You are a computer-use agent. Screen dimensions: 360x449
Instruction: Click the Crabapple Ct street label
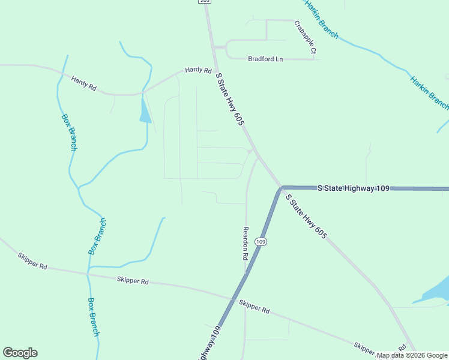tap(305, 38)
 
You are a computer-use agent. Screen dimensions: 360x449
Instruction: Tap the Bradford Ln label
tap(265, 59)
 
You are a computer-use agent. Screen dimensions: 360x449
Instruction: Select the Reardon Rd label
tap(246, 242)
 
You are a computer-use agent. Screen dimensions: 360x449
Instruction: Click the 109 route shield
tap(260, 242)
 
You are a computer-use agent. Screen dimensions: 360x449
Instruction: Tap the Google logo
tap(20, 353)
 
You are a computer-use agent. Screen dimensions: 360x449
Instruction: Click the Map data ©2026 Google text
tap(412, 355)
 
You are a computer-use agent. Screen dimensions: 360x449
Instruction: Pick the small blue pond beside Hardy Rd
tap(145, 111)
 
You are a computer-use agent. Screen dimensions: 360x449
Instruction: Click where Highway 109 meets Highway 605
tap(281, 188)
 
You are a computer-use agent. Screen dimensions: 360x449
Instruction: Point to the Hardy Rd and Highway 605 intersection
tap(214, 67)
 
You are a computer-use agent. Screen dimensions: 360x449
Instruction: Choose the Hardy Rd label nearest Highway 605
tap(198, 70)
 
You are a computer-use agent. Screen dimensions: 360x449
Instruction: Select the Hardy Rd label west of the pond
tap(84, 83)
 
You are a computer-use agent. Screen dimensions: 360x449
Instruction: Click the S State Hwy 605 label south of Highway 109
tap(306, 217)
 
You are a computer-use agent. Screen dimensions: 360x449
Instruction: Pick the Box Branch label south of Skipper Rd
tap(93, 316)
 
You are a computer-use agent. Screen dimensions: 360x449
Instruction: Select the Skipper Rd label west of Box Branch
tap(32, 261)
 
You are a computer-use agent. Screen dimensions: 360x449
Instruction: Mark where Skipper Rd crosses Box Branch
tap(88, 272)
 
